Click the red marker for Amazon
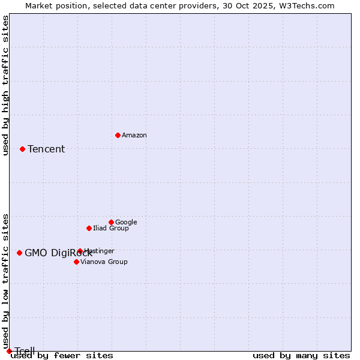tap(118, 135)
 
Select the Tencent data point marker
tap(22, 149)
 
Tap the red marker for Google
tap(111, 222)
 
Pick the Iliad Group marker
tap(89, 228)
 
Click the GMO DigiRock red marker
tap(19, 253)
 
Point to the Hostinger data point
tap(80, 251)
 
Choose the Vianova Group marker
tap(76, 262)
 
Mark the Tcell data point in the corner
tap(9, 351)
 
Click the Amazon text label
tap(134, 136)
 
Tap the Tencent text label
tap(46, 149)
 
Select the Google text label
tap(126, 223)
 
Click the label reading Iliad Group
tap(111, 229)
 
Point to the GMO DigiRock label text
tap(59, 253)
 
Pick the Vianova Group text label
tap(104, 262)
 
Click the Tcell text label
tap(25, 351)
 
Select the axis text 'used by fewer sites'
tap(62, 356)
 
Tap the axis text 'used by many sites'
tap(301, 356)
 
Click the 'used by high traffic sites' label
tap(5, 85)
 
